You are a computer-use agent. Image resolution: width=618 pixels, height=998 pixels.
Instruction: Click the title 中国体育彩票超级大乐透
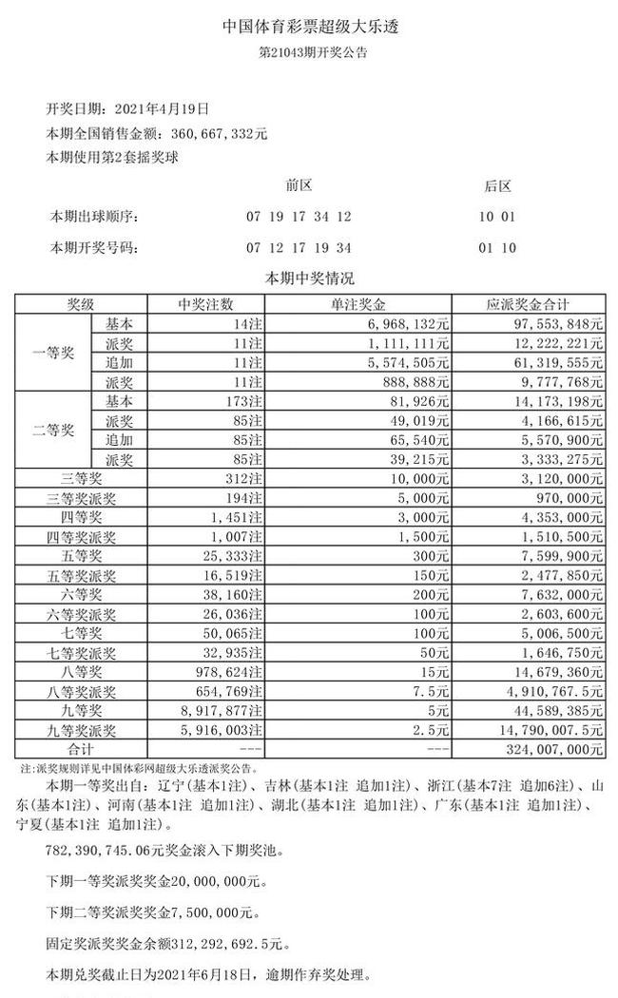click(310, 27)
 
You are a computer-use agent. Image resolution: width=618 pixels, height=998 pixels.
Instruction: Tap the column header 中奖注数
click(205, 305)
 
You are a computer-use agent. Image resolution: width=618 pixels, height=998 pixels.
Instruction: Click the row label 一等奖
click(53, 351)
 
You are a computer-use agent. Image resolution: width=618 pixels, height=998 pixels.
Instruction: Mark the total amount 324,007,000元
click(550, 749)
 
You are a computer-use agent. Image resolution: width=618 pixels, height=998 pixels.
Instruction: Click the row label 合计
click(80, 749)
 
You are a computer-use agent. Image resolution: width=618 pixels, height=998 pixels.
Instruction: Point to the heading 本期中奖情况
click(310, 279)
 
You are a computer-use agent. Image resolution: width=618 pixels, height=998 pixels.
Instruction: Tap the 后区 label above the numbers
click(497, 186)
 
